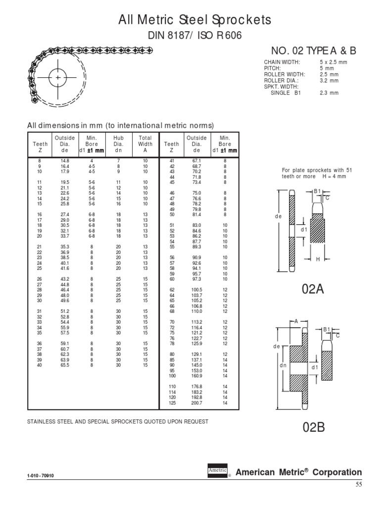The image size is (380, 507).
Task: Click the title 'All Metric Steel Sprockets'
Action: [x=194, y=20]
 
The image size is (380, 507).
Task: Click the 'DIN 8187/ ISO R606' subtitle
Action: [x=194, y=36]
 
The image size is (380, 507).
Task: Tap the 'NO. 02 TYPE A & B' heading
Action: [x=313, y=51]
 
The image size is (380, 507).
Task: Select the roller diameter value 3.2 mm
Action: [x=329, y=80]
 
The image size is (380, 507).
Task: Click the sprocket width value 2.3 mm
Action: [x=329, y=93]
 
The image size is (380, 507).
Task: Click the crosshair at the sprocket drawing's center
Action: [x=58, y=78]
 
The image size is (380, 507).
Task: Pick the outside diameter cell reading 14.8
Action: [x=65, y=161]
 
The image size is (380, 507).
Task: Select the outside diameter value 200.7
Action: [x=197, y=403]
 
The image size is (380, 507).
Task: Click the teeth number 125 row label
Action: [x=172, y=403]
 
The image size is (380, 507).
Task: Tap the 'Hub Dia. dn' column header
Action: [x=118, y=144]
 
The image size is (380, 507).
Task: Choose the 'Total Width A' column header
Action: [x=145, y=144]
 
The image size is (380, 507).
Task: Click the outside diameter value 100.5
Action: [x=197, y=289]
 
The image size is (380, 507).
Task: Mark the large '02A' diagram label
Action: [x=313, y=290]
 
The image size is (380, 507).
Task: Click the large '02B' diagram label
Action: [x=313, y=427]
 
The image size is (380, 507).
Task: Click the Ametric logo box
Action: [x=217, y=471]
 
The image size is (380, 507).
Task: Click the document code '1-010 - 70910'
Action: [x=42, y=476]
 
